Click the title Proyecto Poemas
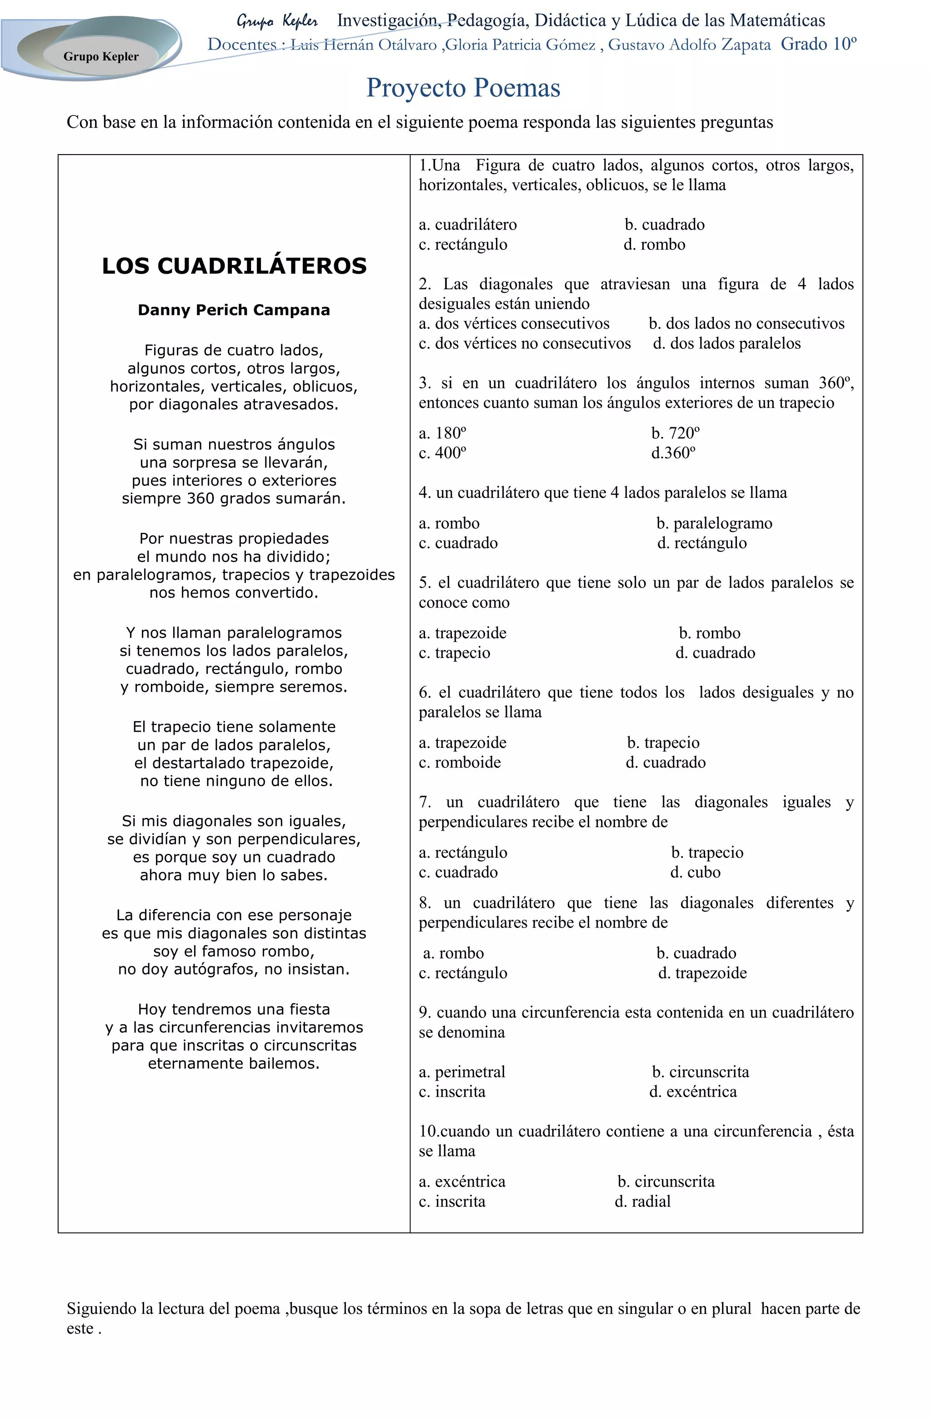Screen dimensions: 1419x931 (x=463, y=88)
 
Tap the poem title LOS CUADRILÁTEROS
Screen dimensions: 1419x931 (x=234, y=266)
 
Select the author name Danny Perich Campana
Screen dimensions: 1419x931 (x=234, y=310)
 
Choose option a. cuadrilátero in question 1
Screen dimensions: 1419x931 (x=468, y=225)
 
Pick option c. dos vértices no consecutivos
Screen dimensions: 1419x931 (x=525, y=343)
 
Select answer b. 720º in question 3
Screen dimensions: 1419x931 (x=676, y=433)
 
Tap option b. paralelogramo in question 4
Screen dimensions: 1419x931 (x=714, y=523)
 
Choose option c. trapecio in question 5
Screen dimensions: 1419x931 (x=454, y=653)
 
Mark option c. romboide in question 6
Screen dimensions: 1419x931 (x=460, y=762)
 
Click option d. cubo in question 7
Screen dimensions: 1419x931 (x=695, y=872)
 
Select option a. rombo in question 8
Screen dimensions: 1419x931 (x=453, y=953)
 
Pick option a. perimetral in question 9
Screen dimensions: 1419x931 (x=462, y=1072)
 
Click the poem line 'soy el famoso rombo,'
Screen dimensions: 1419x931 (x=234, y=952)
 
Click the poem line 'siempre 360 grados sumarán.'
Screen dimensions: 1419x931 (x=234, y=498)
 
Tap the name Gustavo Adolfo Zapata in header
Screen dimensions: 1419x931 (x=689, y=45)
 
